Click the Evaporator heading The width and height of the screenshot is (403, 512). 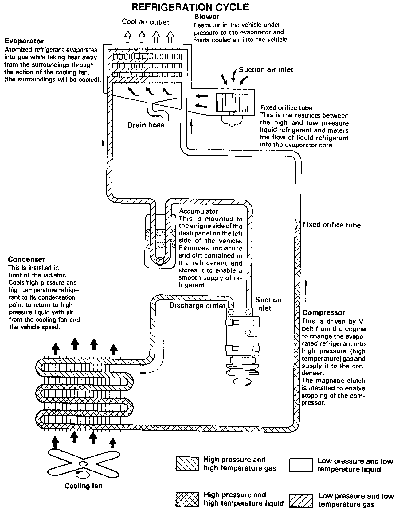point(24,41)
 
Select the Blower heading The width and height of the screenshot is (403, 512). point(207,17)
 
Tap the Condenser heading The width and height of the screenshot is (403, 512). point(26,259)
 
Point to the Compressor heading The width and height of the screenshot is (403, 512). point(324,312)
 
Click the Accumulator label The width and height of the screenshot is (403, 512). point(198,211)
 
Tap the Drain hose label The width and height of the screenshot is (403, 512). point(146,125)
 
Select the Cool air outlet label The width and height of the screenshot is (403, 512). point(146,22)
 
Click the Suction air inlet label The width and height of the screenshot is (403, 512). point(266,70)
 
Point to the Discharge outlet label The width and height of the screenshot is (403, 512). point(198,305)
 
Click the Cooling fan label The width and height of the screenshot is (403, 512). point(84,486)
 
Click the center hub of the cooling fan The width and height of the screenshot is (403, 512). point(83,464)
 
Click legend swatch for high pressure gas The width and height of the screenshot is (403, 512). point(187,464)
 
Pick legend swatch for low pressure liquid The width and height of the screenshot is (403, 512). point(301,465)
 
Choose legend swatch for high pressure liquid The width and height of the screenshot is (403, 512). point(187,499)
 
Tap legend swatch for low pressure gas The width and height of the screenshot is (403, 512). point(301,500)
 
